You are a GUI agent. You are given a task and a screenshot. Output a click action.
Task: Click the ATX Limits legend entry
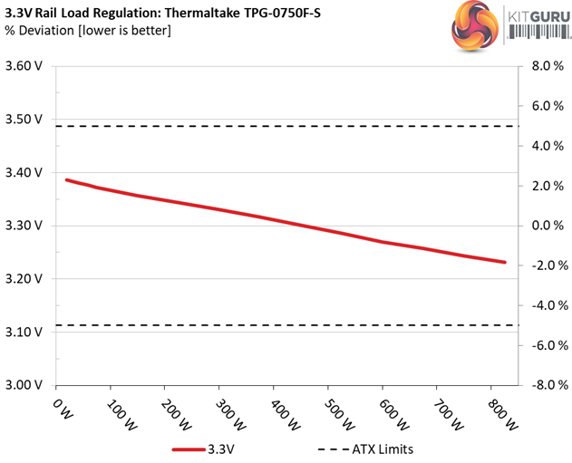[363, 448]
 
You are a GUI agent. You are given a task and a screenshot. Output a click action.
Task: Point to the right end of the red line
[504, 262]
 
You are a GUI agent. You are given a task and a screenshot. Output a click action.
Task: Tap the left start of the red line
[67, 179]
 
